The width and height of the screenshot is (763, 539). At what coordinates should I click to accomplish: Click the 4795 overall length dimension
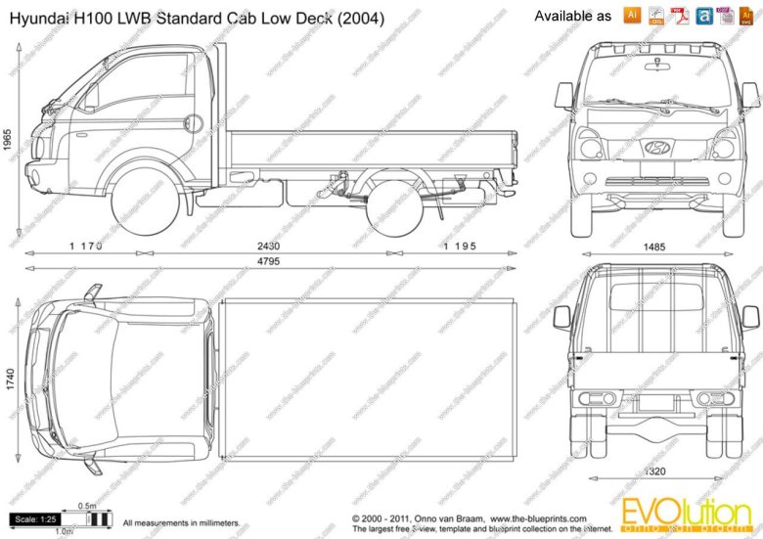(265, 261)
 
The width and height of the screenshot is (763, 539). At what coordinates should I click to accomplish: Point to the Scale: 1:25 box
(35, 518)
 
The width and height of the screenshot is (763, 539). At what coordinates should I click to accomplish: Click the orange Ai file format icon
(632, 15)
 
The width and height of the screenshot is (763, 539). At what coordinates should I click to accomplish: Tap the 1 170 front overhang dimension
(86, 247)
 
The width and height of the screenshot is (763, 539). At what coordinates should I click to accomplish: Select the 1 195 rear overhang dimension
(459, 247)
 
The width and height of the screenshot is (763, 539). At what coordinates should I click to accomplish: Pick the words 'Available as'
(573, 17)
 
